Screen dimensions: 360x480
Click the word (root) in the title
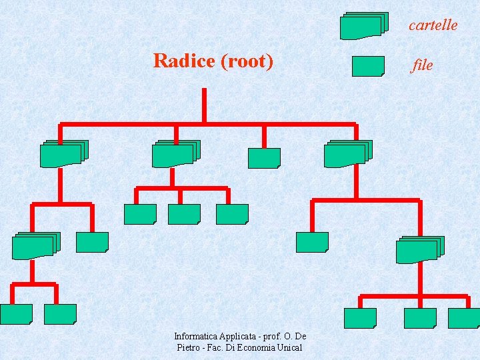coord(246,61)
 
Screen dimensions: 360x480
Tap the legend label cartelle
coord(433,25)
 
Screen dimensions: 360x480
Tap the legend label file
coord(423,65)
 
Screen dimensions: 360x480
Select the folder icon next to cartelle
coord(363,25)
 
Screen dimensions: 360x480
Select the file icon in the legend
coord(367,66)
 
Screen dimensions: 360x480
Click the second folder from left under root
coord(175,154)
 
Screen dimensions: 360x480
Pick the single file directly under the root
coord(264,158)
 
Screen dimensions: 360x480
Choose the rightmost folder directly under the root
coord(347,154)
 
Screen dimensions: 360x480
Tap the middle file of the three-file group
coord(184,214)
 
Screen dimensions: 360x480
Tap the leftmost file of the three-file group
coord(140,214)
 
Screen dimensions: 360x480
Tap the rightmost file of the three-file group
coord(232,214)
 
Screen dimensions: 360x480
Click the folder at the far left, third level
coord(35,245)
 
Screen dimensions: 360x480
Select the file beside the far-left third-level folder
coord(92,242)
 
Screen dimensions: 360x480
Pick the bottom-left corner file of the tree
coord(16,314)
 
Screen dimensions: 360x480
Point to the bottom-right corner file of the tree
coord(464,318)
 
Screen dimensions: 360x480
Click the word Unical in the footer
coord(289,347)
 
